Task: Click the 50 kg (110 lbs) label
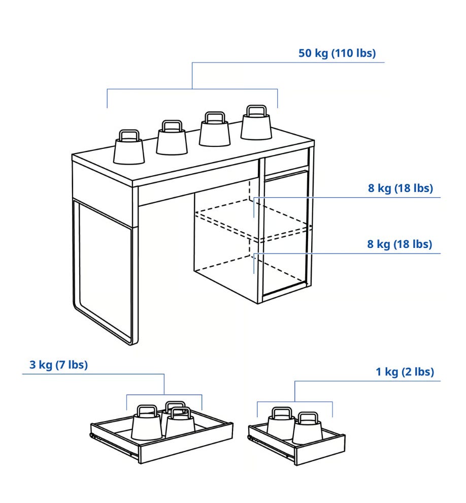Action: tap(337, 53)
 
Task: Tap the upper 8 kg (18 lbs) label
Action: tap(401, 188)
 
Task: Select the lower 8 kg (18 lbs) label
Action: tap(400, 244)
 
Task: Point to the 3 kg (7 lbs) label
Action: tap(59, 365)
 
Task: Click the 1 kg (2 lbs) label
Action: tap(405, 372)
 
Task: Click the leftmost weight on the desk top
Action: tap(129, 147)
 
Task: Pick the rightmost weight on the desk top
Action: tap(256, 122)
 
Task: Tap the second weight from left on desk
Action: tap(172, 138)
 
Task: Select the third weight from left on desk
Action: tap(214, 129)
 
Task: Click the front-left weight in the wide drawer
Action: tap(146, 423)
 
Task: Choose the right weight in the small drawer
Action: tap(308, 429)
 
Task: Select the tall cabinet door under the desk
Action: tap(285, 234)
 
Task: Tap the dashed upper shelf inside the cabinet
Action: tap(253, 219)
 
